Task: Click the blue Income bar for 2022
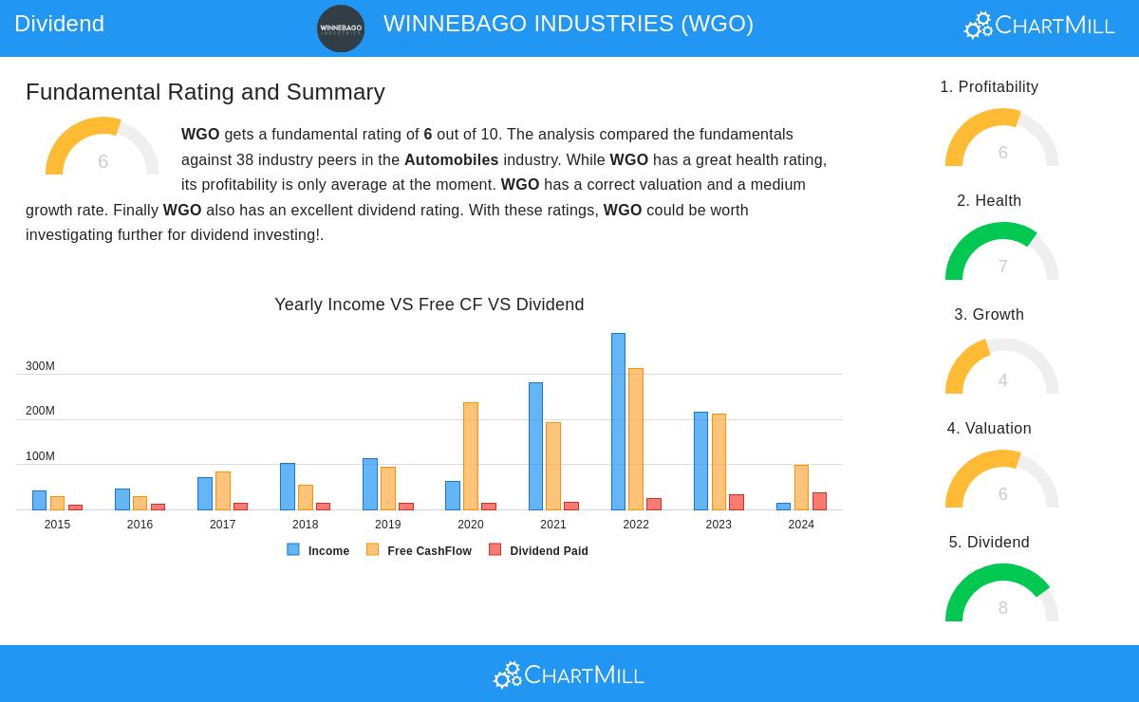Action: tap(618, 422)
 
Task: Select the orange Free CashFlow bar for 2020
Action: tap(471, 456)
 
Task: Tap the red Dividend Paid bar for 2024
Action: tap(819, 502)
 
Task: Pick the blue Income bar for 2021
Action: tap(535, 447)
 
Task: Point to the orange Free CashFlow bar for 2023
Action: tap(719, 462)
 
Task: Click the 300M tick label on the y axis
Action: tap(40, 366)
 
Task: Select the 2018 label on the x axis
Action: tap(305, 525)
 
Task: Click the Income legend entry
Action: tap(319, 550)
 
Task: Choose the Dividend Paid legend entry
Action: tap(539, 550)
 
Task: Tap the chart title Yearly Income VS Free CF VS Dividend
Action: tap(429, 305)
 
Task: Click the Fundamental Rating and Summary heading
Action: tap(205, 92)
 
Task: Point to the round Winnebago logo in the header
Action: tap(341, 28)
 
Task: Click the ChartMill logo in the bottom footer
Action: tap(569, 674)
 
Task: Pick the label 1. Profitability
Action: tap(989, 87)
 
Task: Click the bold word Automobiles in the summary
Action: tap(451, 159)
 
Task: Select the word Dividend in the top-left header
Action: tap(59, 24)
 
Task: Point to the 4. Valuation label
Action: tap(989, 429)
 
